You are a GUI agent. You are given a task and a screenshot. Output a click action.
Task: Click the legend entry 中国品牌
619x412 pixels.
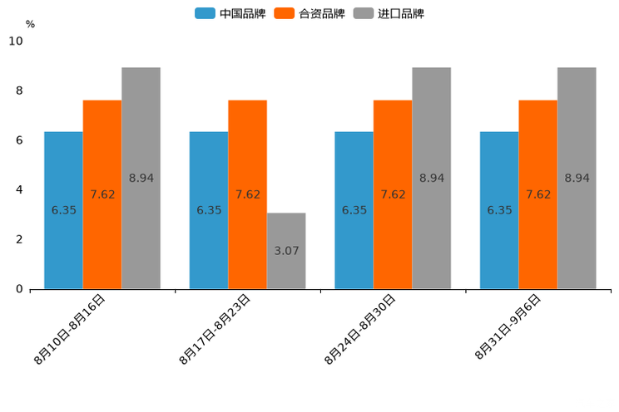pyautogui.click(x=230, y=13)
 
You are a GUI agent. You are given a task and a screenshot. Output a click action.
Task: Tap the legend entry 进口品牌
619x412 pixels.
pyautogui.click(x=389, y=13)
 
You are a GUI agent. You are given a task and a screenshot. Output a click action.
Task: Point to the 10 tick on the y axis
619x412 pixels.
pyautogui.click(x=16, y=42)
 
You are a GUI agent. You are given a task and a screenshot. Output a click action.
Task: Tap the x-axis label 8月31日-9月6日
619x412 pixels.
pyautogui.click(x=509, y=327)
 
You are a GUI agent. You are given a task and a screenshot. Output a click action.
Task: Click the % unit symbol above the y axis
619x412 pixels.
pyautogui.click(x=30, y=24)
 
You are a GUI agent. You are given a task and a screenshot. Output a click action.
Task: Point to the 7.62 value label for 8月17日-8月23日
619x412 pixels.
pyautogui.click(x=247, y=194)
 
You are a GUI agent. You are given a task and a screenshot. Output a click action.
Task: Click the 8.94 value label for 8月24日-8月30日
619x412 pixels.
pyautogui.click(x=432, y=178)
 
